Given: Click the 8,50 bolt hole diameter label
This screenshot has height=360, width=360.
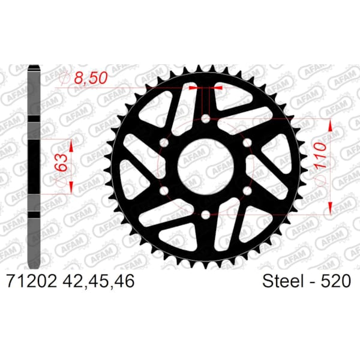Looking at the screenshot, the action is coord(91,78).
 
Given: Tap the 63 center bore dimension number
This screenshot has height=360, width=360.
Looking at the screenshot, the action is coord(61,163).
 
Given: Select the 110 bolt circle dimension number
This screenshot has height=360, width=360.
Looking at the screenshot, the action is coord(320,155).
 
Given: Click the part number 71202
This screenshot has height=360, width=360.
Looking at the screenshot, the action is coord(32,281).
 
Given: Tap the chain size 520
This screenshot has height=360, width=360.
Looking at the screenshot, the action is coord(335,281).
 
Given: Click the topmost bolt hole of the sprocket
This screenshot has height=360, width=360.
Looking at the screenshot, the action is coord(205,119).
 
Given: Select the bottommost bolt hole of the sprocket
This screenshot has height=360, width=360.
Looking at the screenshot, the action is coord(205,215).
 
